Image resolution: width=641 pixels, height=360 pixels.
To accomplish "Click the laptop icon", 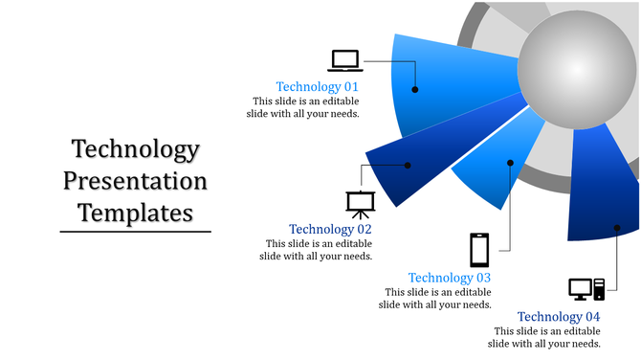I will (345, 60).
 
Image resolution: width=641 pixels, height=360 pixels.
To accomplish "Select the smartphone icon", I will (479, 250).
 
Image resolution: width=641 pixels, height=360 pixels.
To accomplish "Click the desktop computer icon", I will (586, 288).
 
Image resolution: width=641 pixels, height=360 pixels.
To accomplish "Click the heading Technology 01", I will (317, 86).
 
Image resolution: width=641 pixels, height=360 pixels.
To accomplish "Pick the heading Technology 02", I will (330, 230).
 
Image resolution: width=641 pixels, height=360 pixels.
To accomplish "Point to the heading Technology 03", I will (450, 279).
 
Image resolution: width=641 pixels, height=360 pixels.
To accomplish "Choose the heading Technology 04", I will (559, 317).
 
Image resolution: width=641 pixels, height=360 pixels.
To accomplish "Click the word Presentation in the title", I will (135, 181).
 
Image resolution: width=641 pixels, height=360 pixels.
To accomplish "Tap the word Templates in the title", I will (135, 212).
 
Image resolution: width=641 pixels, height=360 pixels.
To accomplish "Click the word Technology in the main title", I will (135, 150).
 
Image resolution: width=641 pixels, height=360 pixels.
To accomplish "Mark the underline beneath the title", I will (135, 231).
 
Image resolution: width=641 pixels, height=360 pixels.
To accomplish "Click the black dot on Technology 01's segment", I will (415, 89).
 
